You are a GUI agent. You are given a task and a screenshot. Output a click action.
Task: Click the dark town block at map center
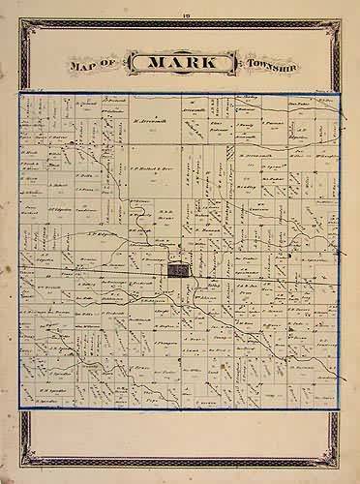(x=177, y=271)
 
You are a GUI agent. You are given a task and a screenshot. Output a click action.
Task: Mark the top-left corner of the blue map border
(x=17, y=94)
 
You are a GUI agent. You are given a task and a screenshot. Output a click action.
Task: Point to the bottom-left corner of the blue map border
(x=17, y=407)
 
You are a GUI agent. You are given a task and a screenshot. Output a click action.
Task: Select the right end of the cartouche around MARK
(x=232, y=65)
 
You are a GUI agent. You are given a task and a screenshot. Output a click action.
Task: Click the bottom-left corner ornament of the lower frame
(x=21, y=468)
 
